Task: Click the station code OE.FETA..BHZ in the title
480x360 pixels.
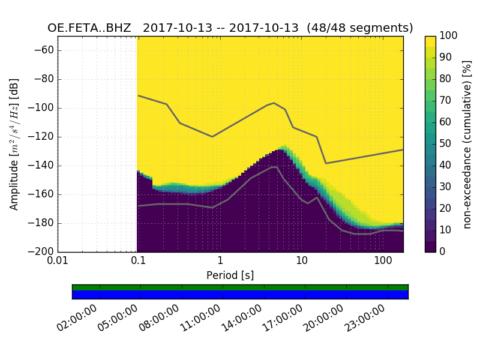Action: tap(89, 28)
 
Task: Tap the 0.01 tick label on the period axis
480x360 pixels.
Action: tap(58, 262)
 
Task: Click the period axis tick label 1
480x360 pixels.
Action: tap(220, 262)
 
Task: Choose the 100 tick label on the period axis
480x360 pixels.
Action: tap(383, 262)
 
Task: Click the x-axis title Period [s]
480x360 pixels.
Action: tap(230, 275)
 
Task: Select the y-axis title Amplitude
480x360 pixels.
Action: tap(14, 144)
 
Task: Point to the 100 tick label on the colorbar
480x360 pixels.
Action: tap(449, 36)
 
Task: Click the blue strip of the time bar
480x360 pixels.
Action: tap(240, 295)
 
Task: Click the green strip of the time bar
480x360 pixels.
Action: tap(240, 287)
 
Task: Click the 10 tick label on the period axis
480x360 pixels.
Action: tap(301, 262)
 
